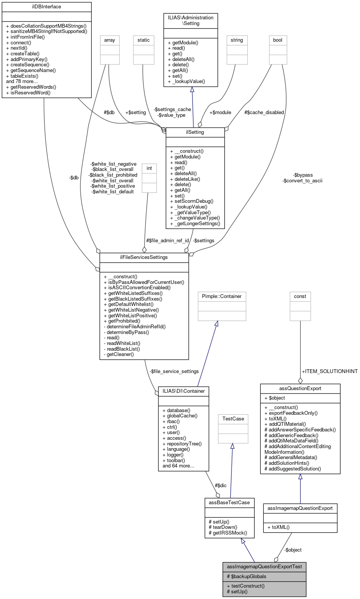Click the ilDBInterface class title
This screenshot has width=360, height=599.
point(47,7)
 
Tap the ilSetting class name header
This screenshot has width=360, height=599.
point(195,132)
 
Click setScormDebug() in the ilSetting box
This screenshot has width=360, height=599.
point(194,201)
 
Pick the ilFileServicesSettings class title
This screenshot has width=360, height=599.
point(144,257)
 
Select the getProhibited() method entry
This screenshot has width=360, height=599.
point(124,321)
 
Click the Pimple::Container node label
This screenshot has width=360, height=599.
point(222,296)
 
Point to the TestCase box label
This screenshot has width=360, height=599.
point(233,419)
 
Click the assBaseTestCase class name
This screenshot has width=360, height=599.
point(229,503)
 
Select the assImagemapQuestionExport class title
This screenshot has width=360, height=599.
point(300,508)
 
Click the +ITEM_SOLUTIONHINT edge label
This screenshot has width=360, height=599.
point(330,372)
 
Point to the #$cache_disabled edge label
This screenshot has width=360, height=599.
point(264,113)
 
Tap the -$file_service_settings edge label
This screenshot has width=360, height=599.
point(174,372)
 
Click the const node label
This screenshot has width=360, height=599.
point(300,296)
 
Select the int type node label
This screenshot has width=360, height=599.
point(149,168)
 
